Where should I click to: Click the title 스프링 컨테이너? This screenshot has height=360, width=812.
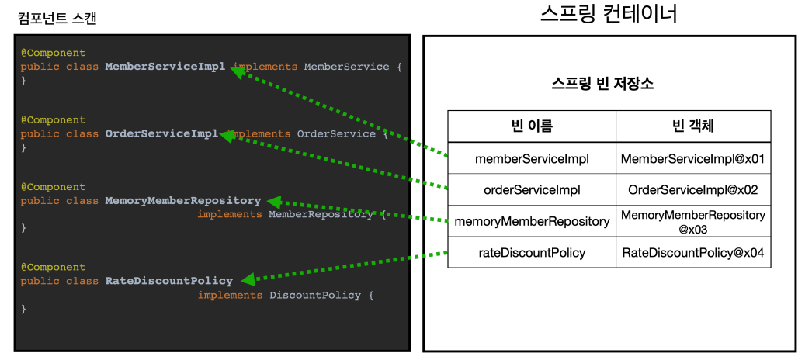click(609, 14)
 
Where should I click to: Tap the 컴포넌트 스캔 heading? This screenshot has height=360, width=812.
click(57, 19)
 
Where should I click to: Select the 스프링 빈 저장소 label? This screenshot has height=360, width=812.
click(608, 85)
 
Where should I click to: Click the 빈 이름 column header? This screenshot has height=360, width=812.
click(532, 126)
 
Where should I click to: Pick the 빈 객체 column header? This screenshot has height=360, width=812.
click(693, 126)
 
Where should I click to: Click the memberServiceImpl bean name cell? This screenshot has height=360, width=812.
click(532, 158)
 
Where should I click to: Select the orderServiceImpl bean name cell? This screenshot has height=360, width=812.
click(532, 189)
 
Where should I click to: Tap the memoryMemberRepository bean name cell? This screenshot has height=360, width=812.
click(532, 221)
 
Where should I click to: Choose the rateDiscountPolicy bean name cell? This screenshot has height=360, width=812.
click(532, 252)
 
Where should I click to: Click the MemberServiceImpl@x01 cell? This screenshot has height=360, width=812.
click(693, 158)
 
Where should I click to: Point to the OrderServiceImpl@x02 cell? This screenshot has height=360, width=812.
click(693, 189)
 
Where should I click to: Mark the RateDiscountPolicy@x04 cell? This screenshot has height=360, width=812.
click(693, 252)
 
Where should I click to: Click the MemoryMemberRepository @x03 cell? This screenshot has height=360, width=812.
click(693, 221)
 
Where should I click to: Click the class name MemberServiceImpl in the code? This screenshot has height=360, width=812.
click(165, 67)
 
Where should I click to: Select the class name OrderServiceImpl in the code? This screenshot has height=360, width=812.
click(161, 133)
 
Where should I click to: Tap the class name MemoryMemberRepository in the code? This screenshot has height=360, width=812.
click(182, 201)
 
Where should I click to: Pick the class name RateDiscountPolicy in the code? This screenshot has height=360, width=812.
click(168, 281)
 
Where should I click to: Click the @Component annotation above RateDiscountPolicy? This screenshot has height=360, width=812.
click(53, 267)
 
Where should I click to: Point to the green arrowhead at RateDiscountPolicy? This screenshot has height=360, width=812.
click(247, 279)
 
